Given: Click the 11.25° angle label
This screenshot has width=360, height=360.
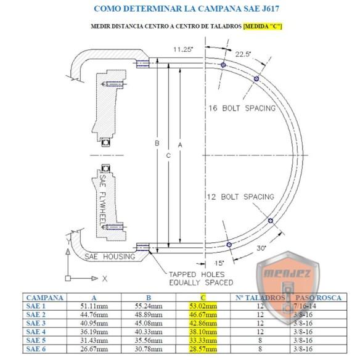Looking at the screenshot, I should point(183,49).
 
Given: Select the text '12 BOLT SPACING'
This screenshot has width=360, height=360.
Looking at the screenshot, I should point(241,197).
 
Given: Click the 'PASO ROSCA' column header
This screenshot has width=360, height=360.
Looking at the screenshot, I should point(317,297).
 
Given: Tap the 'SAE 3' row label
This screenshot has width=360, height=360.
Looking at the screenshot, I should point(36,323).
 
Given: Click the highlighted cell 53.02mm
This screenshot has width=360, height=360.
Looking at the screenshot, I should point(204,306).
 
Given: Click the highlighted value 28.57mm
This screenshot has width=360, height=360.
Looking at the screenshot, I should point(204,349).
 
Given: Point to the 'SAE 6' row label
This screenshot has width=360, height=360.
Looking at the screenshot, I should point(36,349).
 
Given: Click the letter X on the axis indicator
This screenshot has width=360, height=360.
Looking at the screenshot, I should point(105,279).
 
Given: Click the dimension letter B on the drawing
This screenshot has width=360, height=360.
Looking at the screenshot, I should point(157,144).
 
